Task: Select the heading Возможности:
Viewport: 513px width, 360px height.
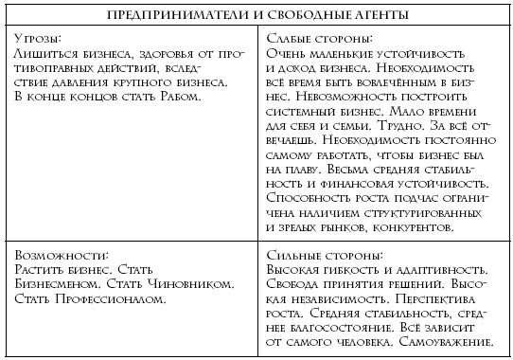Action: [60, 255]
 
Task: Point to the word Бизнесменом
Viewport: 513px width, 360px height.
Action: [61, 284]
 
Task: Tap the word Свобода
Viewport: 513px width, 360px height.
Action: [294, 284]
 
